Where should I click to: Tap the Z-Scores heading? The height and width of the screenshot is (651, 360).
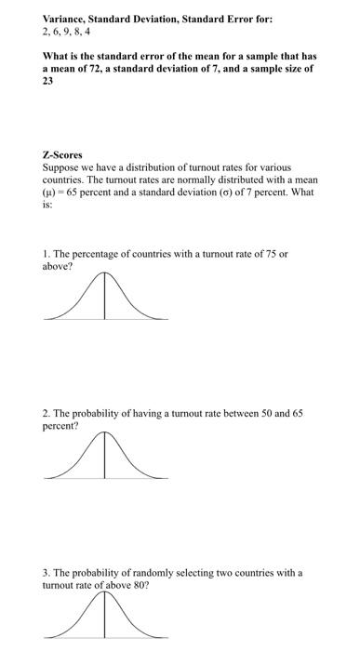click(x=62, y=155)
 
